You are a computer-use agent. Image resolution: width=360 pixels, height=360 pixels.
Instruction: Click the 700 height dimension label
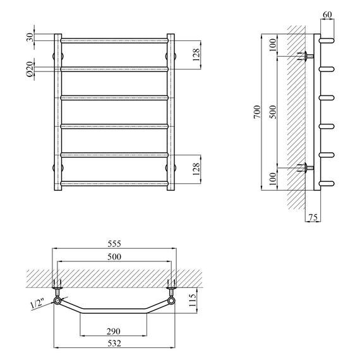coord(258,112)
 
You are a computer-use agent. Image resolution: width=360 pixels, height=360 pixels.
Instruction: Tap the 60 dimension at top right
coord(327,15)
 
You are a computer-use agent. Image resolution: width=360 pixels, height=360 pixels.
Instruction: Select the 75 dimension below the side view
coord(313,217)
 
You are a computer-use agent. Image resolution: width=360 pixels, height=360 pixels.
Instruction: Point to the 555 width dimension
coord(114,244)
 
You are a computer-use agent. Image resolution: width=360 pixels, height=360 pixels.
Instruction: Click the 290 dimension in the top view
coord(114,332)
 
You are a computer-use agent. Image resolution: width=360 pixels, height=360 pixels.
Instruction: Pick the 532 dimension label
coord(114,343)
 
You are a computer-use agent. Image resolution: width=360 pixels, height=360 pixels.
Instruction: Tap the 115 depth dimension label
coord(193,300)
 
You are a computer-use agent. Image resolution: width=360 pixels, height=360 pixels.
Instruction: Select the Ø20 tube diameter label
coord(30,69)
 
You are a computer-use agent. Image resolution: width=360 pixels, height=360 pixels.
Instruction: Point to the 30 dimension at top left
coord(30,37)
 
